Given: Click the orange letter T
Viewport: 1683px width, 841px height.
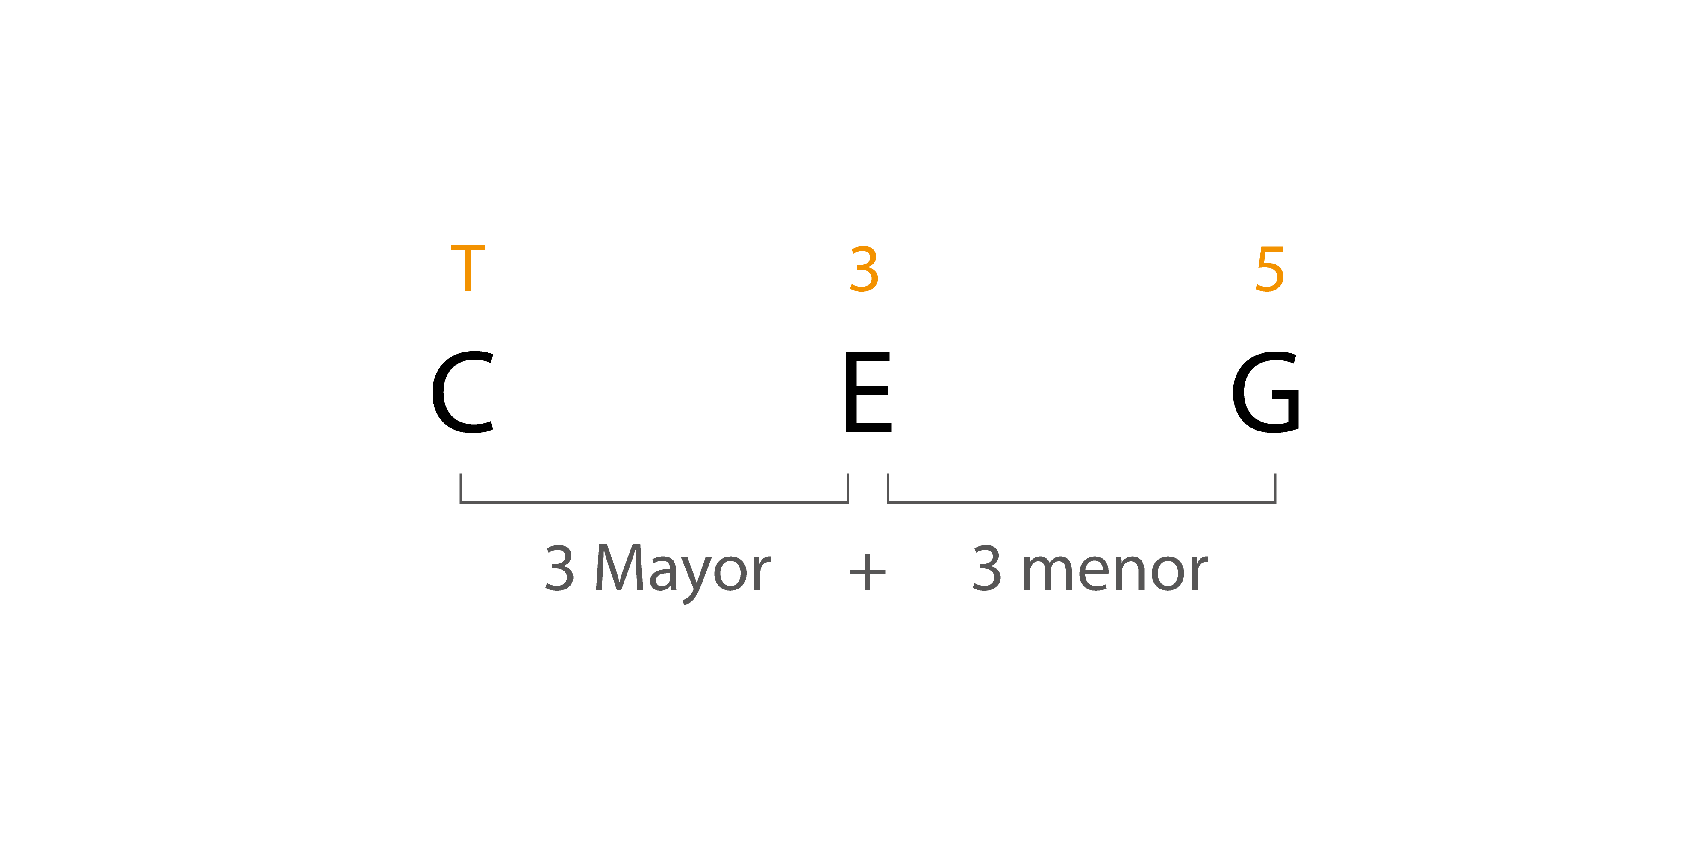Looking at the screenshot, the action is point(468,268).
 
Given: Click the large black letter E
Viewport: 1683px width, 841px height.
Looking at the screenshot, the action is point(868,392).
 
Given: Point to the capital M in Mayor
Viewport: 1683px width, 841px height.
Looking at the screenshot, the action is point(619,567).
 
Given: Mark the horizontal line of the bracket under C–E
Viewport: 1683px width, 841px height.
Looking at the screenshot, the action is point(654,502).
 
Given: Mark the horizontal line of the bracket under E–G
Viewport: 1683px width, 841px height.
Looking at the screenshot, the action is point(1081,502).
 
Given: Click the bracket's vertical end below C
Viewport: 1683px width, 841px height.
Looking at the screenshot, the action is point(461,488).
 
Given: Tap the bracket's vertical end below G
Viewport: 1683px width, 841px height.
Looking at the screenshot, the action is point(1275,488).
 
